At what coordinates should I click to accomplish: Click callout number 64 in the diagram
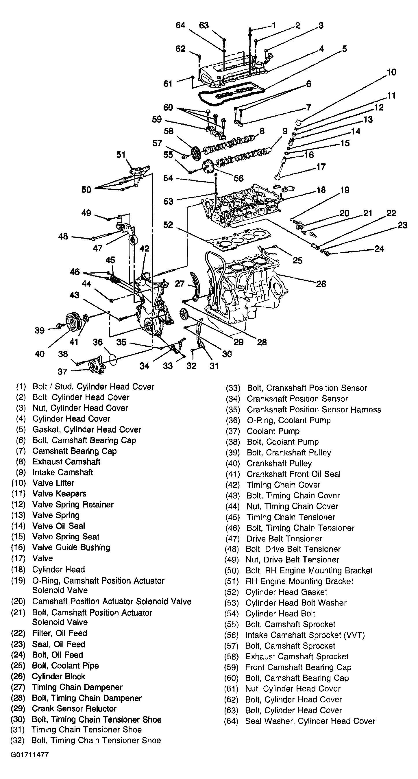180,25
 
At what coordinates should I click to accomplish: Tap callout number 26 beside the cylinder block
321,284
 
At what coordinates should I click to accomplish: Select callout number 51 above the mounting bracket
121,154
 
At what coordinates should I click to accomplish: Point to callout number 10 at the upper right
391,72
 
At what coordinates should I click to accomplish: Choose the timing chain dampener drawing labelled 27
193,286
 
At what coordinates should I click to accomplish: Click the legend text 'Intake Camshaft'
62,472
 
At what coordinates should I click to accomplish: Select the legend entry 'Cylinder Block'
58,676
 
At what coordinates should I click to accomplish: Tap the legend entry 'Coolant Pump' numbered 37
273,431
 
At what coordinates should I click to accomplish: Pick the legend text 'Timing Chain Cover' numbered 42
284,484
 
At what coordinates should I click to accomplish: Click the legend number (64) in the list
231,721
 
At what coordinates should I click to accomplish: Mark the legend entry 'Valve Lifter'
53,483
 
